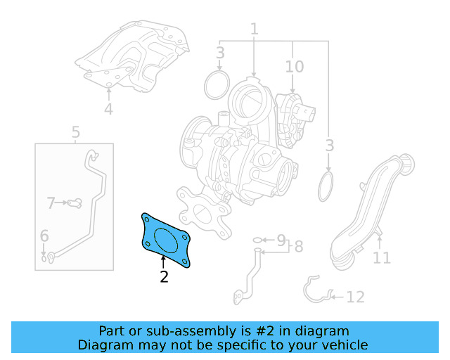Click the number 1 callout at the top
[x=254, y=30]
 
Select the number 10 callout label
[x=294, y=67]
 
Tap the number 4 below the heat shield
[x=108, y=109]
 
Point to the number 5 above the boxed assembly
[x=75, y=131]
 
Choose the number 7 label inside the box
[x=51, y=204]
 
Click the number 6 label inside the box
[x=44, y=236]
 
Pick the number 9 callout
[x=281, y=240]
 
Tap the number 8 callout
[x=298, y=247]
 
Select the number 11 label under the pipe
[x=381, y=258]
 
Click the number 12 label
[x=355, y=297]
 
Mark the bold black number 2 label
[x=164, y=276]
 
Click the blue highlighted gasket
[x=165, y=239]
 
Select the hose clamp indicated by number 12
[x=316, y=290]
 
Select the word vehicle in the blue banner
[x=345, y=345]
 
